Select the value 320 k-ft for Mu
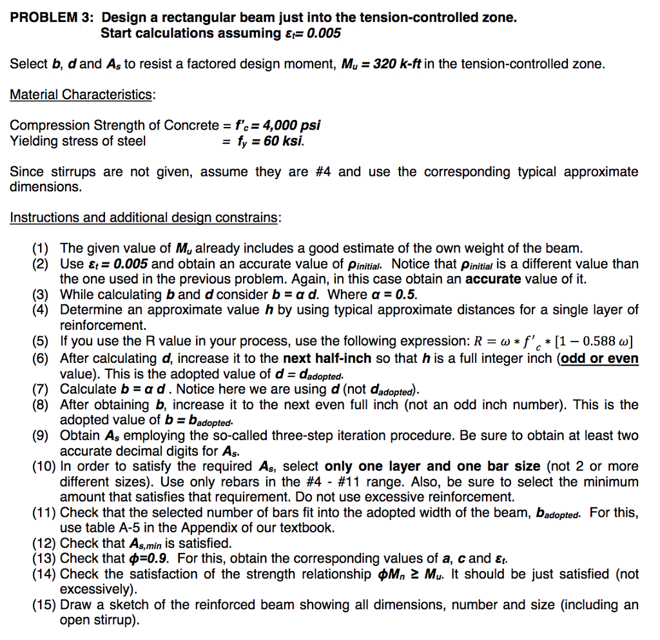pos(392,64)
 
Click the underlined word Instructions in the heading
pos(40,217)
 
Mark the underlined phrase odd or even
pos(600,358)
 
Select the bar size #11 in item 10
pos(386,481)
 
